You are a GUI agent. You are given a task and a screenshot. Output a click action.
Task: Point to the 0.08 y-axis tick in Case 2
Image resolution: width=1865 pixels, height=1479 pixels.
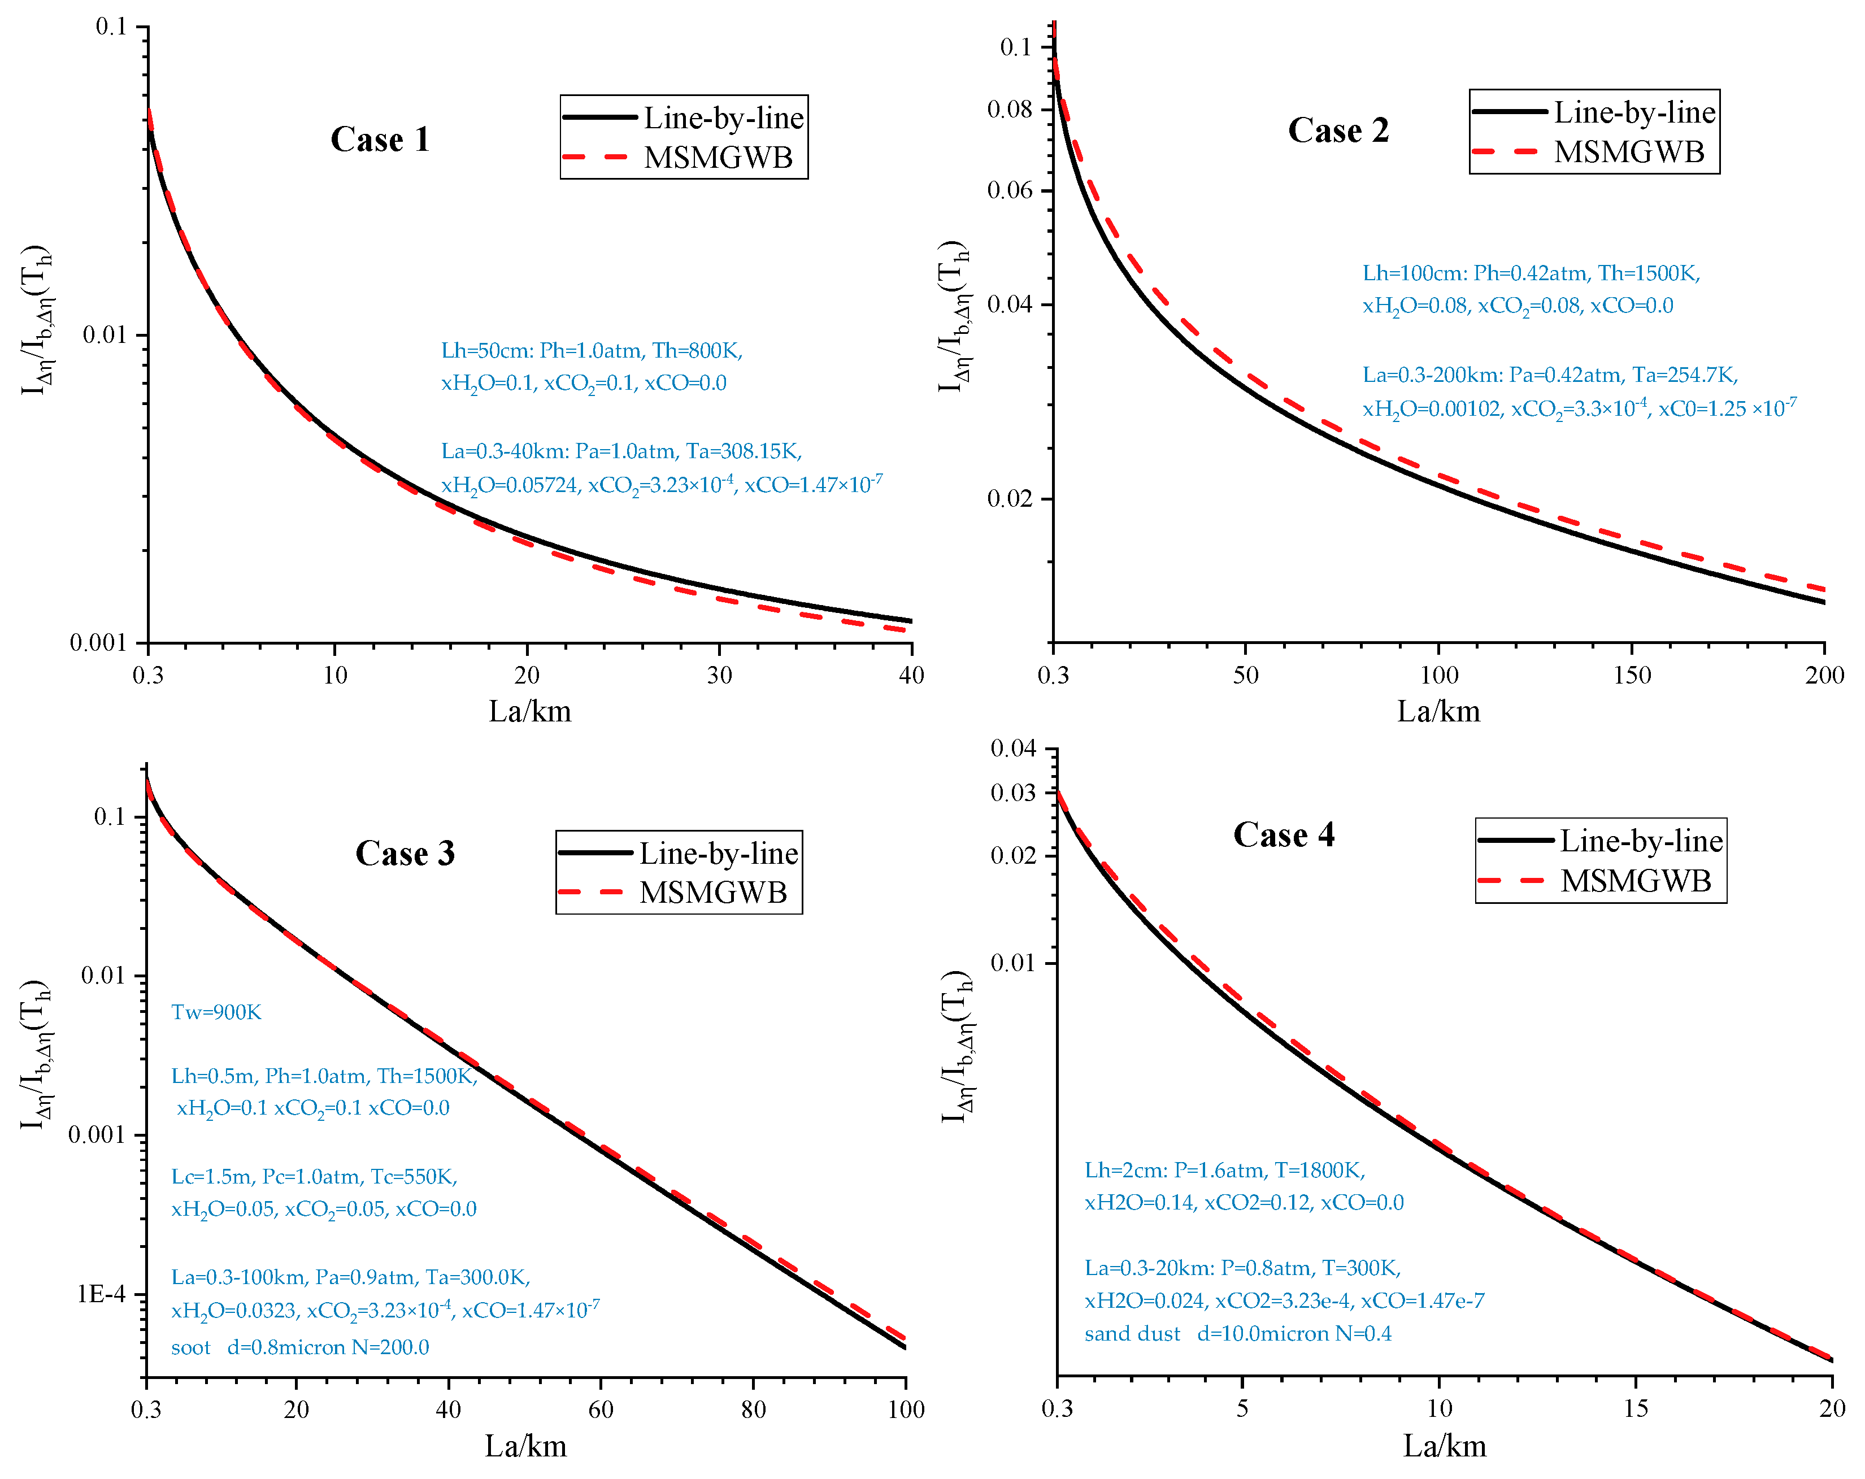point(1010,109)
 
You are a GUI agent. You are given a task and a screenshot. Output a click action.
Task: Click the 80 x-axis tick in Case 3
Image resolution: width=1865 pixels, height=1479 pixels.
point(754,1410)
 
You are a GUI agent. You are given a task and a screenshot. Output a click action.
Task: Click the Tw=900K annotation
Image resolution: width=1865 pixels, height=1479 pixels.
point(216,1012)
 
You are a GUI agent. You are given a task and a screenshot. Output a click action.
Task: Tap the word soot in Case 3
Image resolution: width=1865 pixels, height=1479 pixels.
point(190,1347)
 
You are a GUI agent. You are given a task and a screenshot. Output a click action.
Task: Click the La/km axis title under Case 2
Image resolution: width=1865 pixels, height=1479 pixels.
point(1438,711)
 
